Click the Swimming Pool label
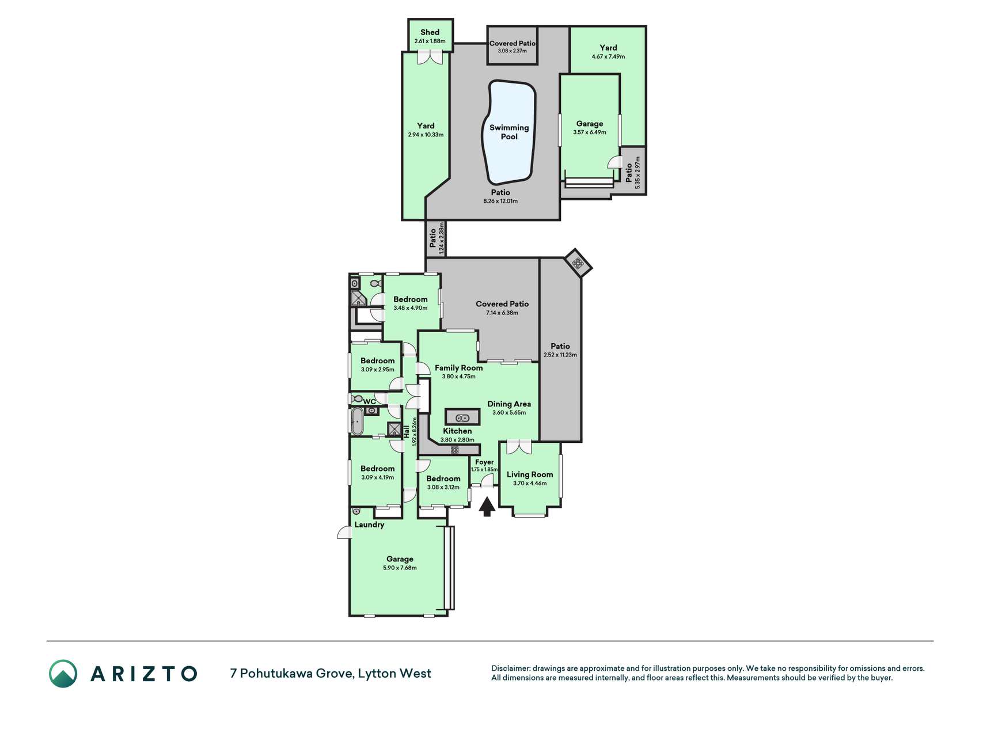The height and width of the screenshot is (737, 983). tap(509, 132)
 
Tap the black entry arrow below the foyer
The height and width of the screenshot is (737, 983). tap(487, 507)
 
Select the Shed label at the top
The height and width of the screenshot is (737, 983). tap(430, 32)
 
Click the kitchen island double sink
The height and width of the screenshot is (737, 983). tap(462, 417)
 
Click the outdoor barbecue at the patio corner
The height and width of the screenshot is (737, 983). tap(578, 264)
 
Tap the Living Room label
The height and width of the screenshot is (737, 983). tap(530, 474)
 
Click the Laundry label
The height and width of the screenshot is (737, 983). tap(369, 525)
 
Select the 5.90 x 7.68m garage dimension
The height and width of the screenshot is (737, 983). tap(400, 568)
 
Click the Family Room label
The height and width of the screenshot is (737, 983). tap(459, 368)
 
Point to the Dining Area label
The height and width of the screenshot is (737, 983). tap(509, 404)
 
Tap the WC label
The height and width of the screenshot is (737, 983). tap(370, 401)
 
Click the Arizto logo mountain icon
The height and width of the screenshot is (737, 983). tap(63, 674)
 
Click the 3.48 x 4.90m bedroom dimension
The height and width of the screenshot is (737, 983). tap(411, 308)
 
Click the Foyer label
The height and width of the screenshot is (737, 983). tap(484, 462)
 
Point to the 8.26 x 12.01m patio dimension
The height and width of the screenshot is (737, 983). tap(500, 202)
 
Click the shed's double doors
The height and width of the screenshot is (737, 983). tap(430, 57)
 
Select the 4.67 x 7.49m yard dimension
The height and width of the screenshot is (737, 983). tap(608, 56)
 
